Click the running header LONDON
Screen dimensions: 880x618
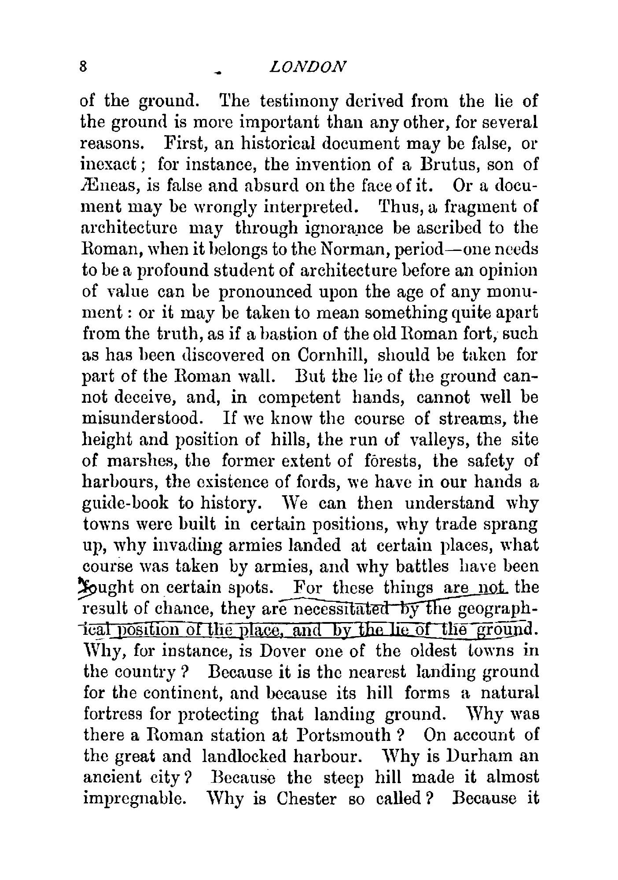tap(307, 66)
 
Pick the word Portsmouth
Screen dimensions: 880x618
tap(344, 735)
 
